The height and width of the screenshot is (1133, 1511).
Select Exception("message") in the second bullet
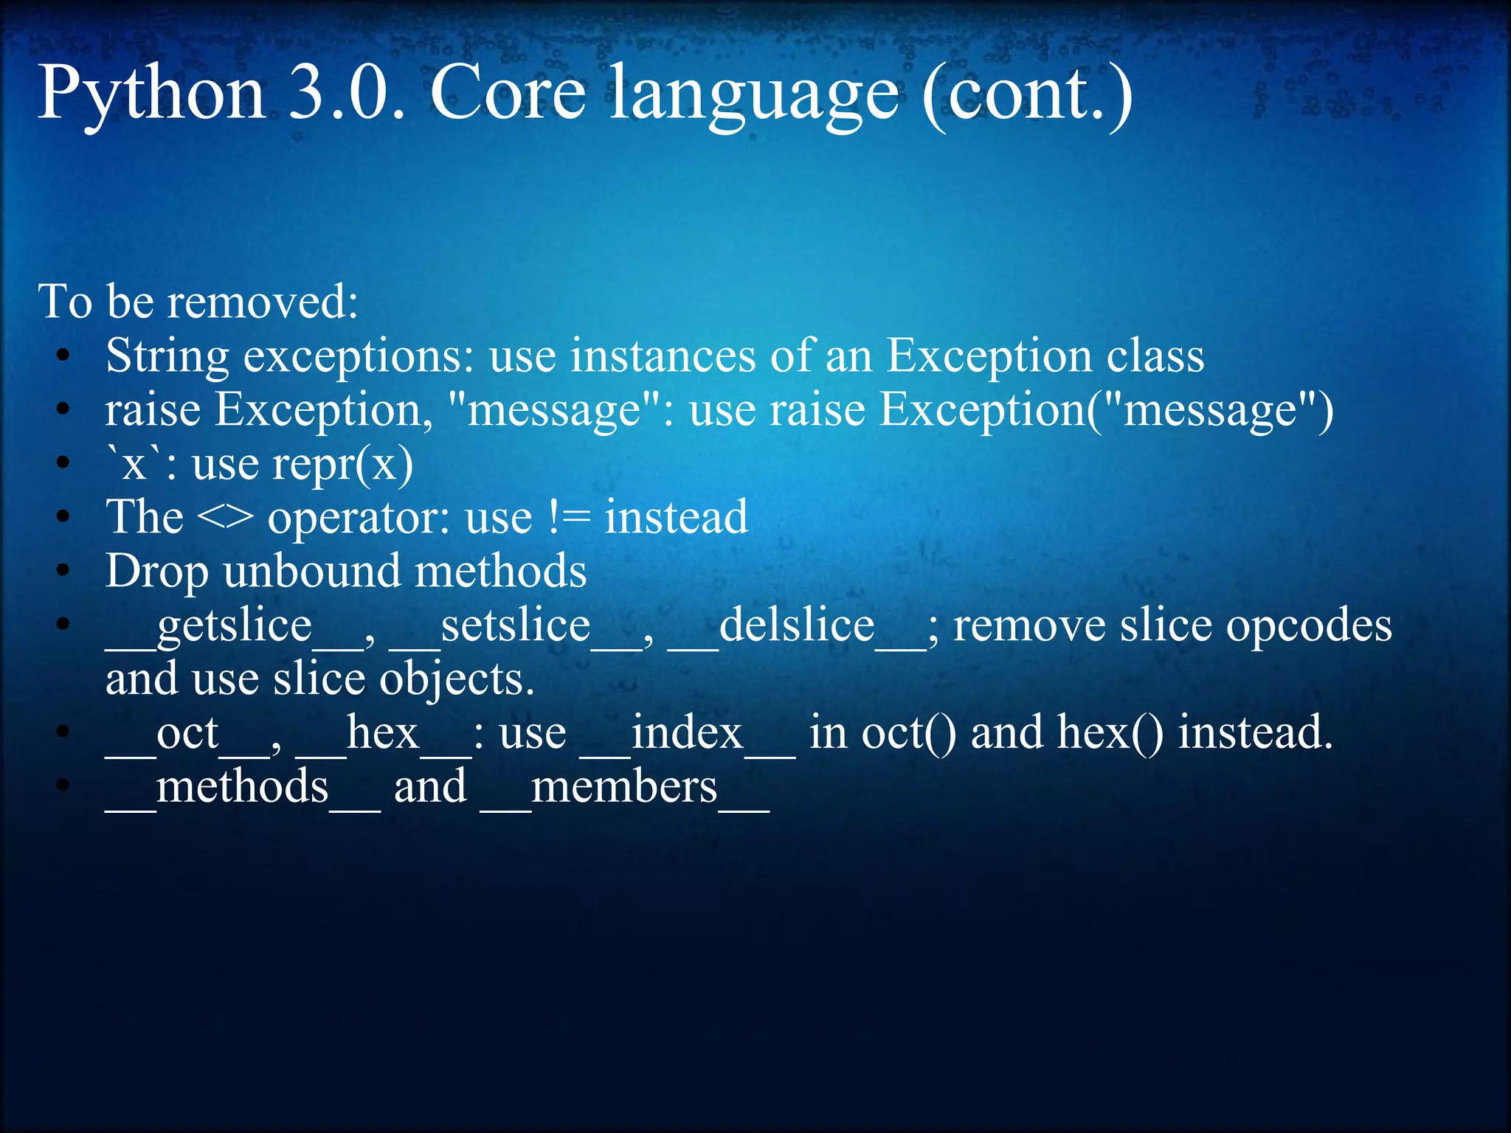1106,410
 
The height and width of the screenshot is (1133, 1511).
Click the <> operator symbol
225,518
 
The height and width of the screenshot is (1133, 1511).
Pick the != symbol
569,516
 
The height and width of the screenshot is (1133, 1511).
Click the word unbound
311,572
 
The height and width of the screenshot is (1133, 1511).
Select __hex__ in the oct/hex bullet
383,734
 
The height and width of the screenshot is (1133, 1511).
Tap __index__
687,734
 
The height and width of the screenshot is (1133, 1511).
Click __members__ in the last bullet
624,788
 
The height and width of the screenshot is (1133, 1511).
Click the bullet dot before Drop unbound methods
64,572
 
